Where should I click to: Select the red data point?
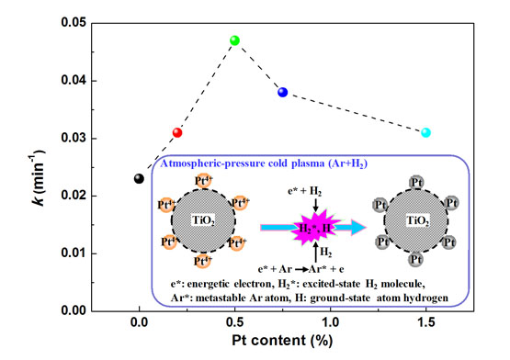(177, 132)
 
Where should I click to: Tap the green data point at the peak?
(235, 40)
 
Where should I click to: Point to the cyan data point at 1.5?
(425, 132)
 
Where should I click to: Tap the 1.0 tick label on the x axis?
(330, 323)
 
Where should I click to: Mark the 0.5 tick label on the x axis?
(234, 323)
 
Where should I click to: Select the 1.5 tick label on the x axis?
(425, 323)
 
